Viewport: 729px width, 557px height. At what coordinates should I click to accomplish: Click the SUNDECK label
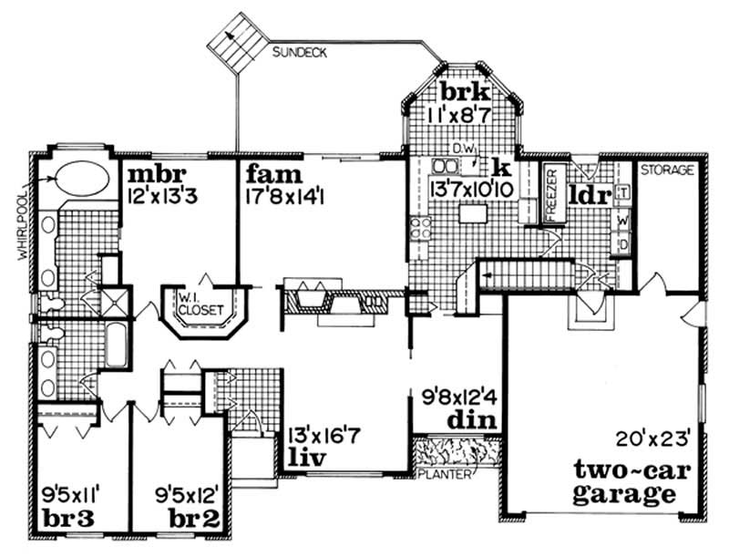[302, 53]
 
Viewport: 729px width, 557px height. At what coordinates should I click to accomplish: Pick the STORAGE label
[667, 170]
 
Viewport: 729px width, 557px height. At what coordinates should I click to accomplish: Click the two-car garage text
[625, 483]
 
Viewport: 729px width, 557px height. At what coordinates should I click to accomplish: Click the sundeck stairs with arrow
[233, 42]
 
